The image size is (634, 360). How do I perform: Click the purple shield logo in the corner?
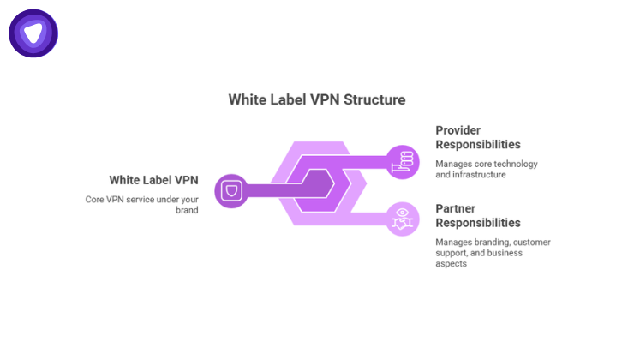[x=33, y=33]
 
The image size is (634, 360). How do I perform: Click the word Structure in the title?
[x=374, y=99]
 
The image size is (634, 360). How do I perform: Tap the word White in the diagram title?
[x=248, y=99]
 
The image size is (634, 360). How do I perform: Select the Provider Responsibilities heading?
[x=477, y=137]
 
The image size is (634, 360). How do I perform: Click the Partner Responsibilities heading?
[x=477, y=215]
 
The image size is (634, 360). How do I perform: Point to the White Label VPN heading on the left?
[x=153, y=180]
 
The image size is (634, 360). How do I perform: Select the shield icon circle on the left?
[x=230, y=190]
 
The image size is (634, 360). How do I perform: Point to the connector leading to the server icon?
[x=360, y=159]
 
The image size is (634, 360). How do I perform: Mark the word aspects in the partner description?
[x=452, y=264]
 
